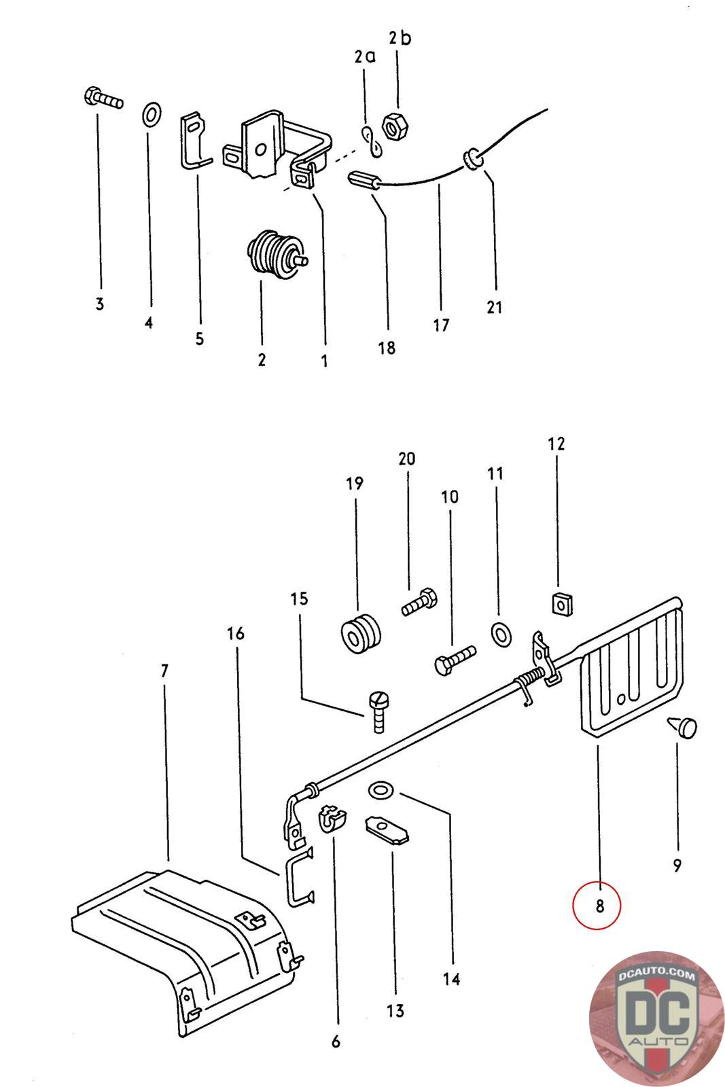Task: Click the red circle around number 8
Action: tap(597, 906)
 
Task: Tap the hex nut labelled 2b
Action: tap(393, 127)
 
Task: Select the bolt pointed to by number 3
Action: tap(103, 100)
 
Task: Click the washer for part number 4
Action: tap(151, 115)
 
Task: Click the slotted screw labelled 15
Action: tap(378, 709)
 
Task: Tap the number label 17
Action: tap(441, 325)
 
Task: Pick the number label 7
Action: tap(164, 671)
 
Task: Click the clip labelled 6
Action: tap(331, 818)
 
